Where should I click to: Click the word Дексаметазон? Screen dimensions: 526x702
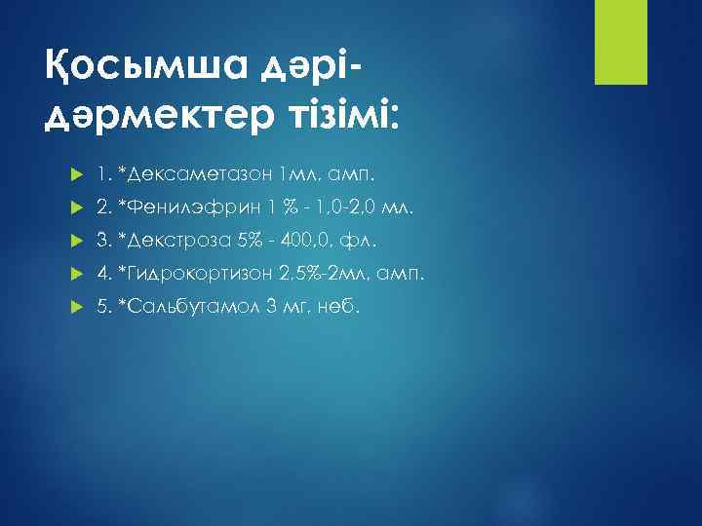click(x=195, y=174)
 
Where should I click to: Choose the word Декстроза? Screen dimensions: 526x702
click(x=175, y=241)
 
